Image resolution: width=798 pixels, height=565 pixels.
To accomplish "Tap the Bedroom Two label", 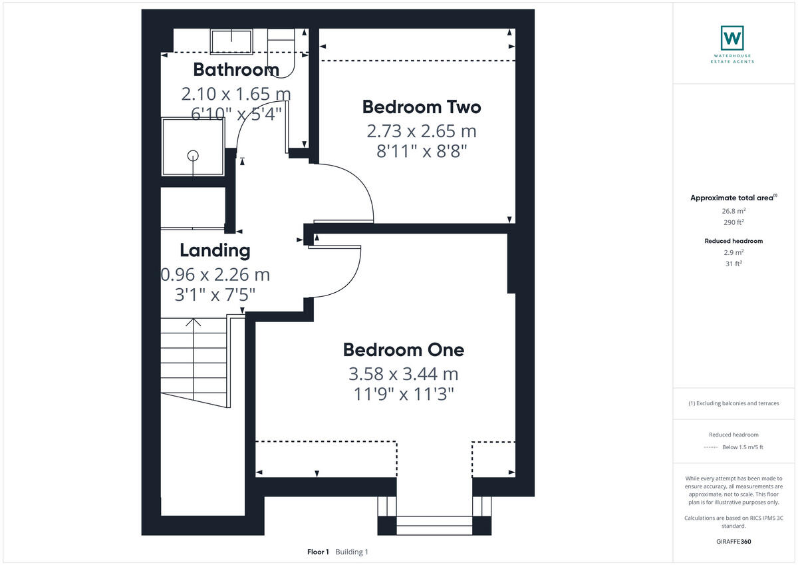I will coord(421,106).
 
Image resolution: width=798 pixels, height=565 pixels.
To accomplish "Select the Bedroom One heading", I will coord(403,349).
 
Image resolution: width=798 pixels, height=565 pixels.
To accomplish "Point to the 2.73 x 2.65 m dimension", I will coord(422,131).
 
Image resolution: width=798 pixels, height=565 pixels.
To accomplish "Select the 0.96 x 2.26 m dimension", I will coord(215,274).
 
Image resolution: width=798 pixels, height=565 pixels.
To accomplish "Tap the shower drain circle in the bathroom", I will coord(193,156).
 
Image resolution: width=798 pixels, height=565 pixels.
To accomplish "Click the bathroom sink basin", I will coord(230,41).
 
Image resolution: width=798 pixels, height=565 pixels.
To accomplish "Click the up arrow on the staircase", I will coord(194,324).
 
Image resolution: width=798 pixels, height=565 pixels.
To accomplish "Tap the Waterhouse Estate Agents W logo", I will coord(732,38).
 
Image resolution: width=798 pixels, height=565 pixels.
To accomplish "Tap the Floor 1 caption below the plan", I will coord(318,552).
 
